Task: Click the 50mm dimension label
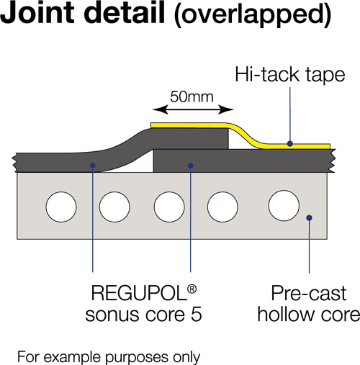point(192,97)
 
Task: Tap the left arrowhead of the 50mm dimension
point(159,110)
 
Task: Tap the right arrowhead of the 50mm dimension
point(227,110)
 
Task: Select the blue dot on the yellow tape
point(290,144)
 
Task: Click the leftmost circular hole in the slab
point(61,207)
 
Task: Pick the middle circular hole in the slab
point(169,207)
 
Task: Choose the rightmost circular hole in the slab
point(284,205)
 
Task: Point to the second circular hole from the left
point(114,207)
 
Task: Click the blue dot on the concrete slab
point(309,217)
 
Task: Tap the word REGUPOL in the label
point(139,293)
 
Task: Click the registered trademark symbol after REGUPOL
point(192,289)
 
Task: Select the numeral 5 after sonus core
point(197,315)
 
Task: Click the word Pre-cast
point(309,293)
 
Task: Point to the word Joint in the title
point(37,12)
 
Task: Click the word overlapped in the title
point(253,15)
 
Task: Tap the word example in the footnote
point(74,357)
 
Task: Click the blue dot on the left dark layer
point(93,166)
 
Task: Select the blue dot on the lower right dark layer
point(190,166)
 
